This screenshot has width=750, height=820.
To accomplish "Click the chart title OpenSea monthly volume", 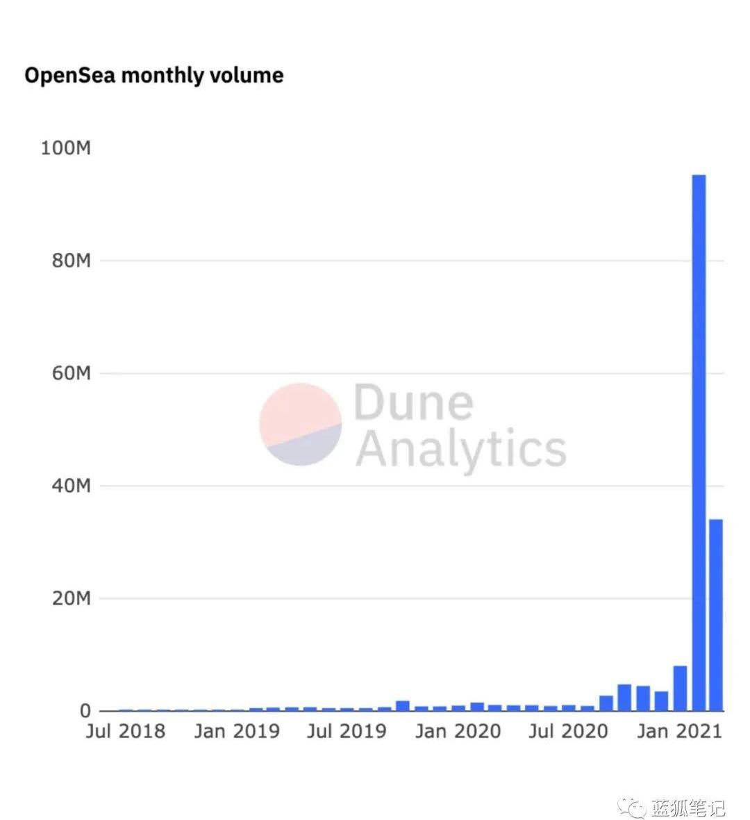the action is tap(154, 75).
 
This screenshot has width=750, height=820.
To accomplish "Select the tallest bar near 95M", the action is tap(699, 443).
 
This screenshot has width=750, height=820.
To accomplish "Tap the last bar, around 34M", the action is tap(715, 614).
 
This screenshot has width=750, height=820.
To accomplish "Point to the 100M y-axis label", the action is tap(66, 148).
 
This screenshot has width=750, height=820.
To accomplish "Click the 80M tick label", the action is tap(71, 261).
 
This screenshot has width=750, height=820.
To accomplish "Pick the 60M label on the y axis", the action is tap(71, 373).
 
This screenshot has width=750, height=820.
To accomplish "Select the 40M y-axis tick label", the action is tap(71, 486).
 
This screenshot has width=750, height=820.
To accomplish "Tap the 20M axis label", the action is tap(71, 598).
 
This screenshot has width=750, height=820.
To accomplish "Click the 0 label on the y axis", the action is tap(85, 711).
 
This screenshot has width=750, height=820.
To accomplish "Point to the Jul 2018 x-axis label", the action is tap(126, 731).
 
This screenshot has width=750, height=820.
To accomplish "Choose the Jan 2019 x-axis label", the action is tap(237, 731).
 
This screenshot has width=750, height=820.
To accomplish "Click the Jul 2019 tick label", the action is tap(347, 731).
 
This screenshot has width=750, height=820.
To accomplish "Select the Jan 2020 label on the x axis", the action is tap(458, 731).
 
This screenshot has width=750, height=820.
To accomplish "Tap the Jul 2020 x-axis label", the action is tap(568, 731).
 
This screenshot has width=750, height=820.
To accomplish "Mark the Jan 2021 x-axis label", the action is tap(679, 731).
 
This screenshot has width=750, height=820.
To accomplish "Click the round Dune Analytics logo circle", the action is tap(301, 424).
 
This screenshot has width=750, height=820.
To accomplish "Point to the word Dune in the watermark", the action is tap(413, 402).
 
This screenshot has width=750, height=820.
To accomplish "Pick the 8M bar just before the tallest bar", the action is tap(680, 688).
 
